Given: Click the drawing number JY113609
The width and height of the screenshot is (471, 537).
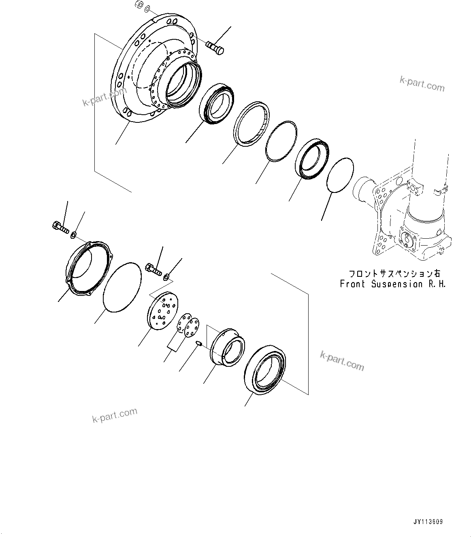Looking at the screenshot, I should (428, 522).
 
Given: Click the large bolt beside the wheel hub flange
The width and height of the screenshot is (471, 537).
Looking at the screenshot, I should (215, 47).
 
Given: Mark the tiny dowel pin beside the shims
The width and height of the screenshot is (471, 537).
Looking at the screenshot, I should (199, 344).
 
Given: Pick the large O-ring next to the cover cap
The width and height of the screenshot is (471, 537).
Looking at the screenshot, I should (122, 287).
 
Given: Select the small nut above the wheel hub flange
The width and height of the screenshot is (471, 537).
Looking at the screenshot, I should (139, 5).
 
